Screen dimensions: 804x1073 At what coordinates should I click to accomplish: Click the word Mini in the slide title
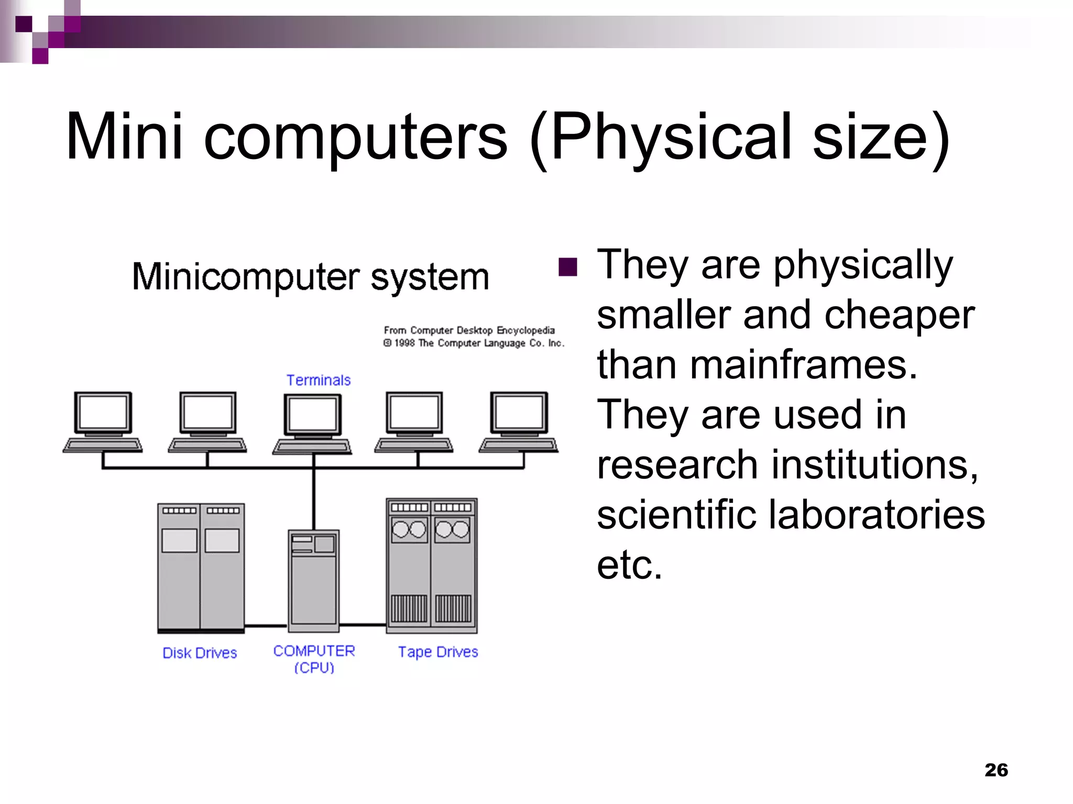pyautogui.click(x=124, y=137)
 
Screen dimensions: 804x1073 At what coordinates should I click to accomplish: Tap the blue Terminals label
pyautogui.click(x=318, y=380)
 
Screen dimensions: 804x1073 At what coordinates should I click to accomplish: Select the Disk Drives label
pyautogui.click(x=200, y=653)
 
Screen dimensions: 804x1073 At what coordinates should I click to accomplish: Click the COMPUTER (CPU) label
pyautogui.click(x=314, y=658)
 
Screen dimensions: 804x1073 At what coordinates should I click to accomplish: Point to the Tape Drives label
pyautogui.click(x=438, y=652)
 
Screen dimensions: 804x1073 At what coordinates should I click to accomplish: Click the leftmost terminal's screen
pyautogui.click(x=103, y=412)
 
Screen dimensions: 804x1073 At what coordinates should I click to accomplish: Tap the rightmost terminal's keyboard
pyautogui.click(x=518, y=445)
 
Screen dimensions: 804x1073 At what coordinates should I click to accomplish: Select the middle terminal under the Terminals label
pyautogui.click(x=313, y=422)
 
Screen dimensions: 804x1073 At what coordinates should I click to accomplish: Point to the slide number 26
pyautogui.click(x=996, y=770)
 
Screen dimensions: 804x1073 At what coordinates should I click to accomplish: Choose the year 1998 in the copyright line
pyautogui.click(x=405, y=343)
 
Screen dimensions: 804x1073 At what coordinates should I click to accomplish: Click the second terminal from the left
pyautogui.click(x=207, y=422)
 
